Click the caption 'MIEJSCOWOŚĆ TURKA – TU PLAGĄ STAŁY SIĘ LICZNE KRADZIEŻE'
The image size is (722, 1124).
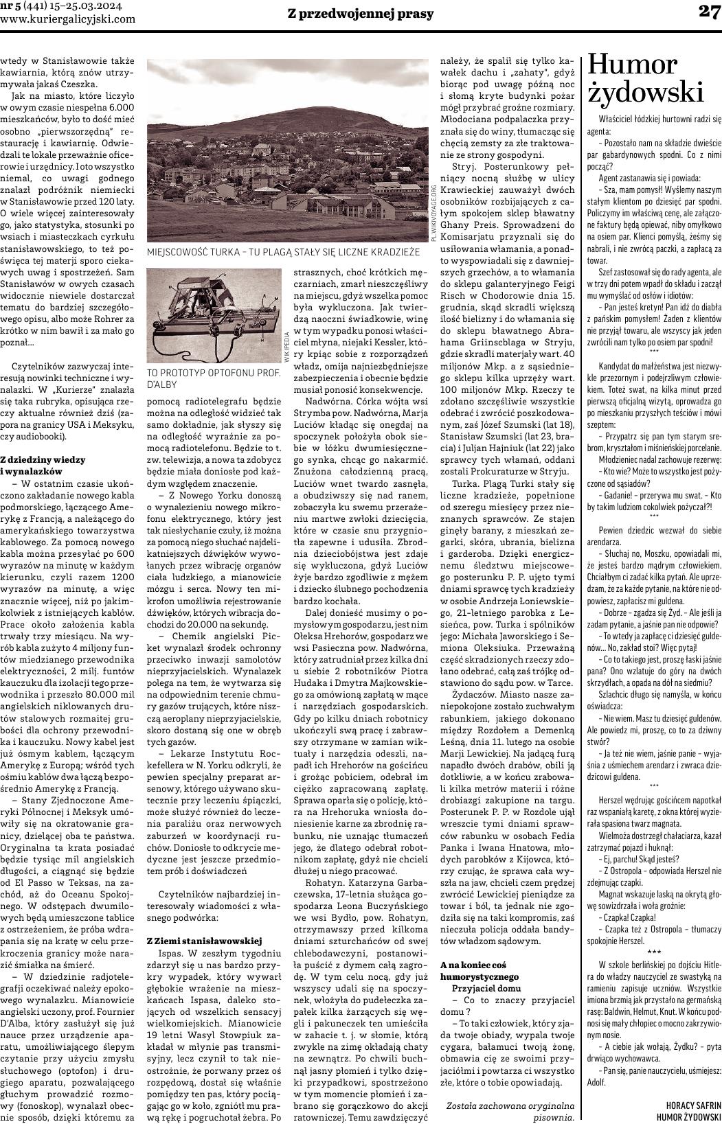tap(283, 253)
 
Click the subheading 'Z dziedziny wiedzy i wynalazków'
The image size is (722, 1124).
tap(43, 465)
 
